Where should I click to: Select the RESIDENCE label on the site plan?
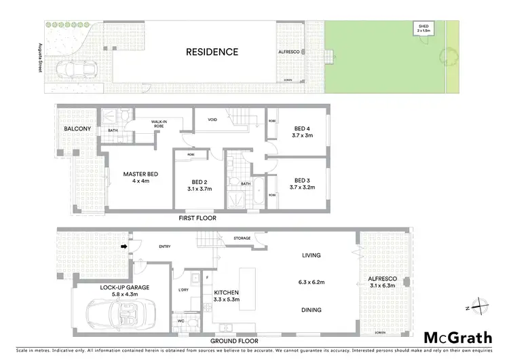coord(212,51)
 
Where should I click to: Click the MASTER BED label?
coord(140,175)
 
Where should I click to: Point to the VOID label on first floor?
coord(212,120)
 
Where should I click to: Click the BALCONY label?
coord(77,128)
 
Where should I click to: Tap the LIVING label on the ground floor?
coord(310,255)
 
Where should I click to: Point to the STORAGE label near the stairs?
coord(242,238)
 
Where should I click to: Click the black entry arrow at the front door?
coord(123,247)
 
